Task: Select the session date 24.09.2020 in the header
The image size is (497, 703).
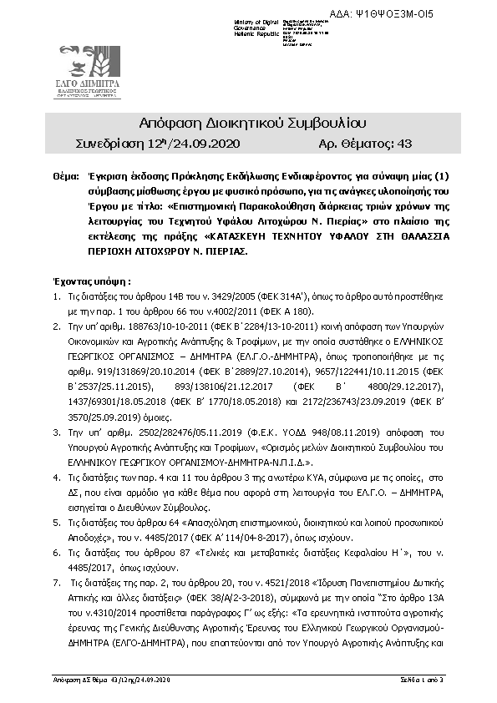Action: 207,144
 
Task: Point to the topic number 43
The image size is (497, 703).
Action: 404,144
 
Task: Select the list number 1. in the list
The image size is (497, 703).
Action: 56,296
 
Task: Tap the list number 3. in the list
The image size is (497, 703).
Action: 56,435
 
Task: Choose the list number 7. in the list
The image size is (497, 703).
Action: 56,579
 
